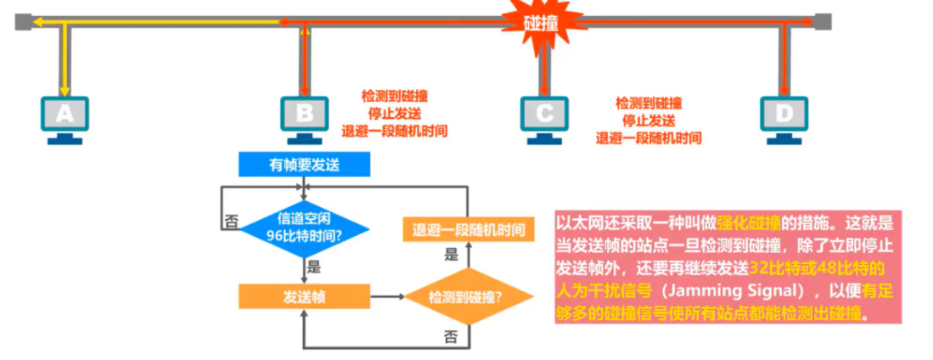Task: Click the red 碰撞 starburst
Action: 542,23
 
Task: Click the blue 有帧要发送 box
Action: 304,165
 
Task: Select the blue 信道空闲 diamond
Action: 304,228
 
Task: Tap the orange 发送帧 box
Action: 304,296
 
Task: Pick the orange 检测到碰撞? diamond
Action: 468,296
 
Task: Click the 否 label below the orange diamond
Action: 451,336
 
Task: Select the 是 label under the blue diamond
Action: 313,266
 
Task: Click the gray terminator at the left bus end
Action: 24,21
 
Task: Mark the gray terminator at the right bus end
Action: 822,21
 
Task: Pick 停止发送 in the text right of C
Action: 649,120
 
